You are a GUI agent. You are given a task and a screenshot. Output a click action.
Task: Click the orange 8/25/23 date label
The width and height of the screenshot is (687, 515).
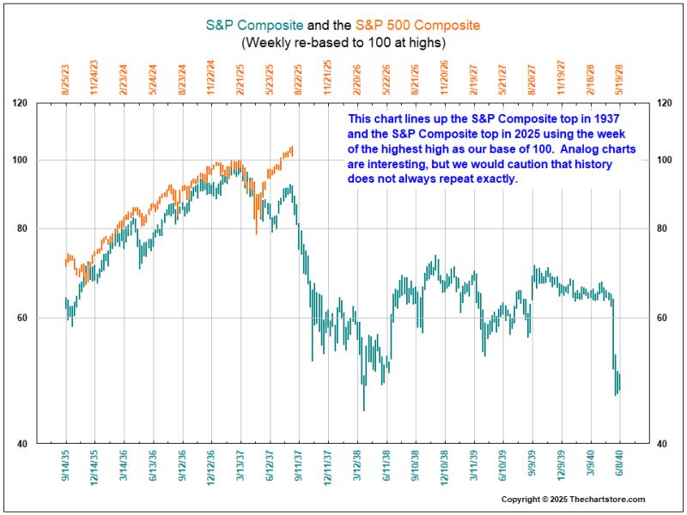(x=65, y=76)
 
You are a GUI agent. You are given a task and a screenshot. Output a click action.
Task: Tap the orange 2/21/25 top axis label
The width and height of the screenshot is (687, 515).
(x=240, y=76)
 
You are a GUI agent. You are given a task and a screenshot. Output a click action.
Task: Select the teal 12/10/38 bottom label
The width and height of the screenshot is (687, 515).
(x=445, y=471)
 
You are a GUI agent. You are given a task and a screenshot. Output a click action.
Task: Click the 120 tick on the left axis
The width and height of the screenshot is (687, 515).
(x=45, y=104)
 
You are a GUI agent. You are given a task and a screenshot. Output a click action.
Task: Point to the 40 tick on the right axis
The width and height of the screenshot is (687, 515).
(x=662, y=444)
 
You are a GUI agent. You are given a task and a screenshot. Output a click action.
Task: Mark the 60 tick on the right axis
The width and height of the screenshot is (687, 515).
(x=662, y=318)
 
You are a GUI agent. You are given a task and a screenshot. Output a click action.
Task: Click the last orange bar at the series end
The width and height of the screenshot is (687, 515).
(x=292, y=150)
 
